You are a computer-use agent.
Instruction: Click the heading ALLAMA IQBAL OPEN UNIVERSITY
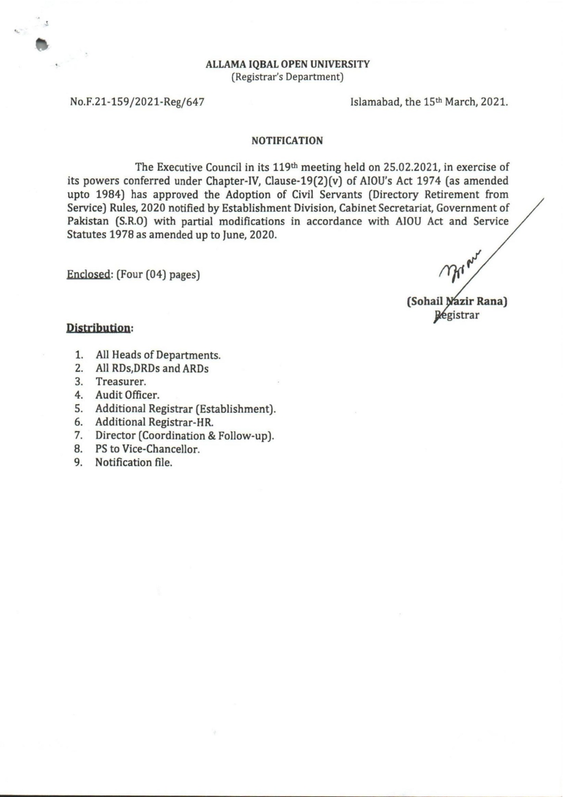click(287, 64)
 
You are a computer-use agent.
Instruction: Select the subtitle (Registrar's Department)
click(287, 77)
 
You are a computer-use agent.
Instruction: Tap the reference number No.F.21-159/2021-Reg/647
click(137, 102)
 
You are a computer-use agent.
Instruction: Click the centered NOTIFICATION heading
click(287, 141)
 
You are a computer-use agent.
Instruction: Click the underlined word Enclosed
click(88, 275)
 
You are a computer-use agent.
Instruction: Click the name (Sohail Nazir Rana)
click(457, 302)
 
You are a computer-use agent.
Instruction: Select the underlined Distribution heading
click(99, 328)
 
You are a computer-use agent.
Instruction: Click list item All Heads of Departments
click(158, 355)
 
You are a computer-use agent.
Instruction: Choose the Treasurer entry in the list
click(121, 382)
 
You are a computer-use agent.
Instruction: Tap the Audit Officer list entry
click(127, 395)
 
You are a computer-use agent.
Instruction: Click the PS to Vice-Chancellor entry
click(148, 449)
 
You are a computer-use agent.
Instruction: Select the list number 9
click(78, 462)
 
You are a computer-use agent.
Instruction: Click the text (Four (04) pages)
click(158, 275)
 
